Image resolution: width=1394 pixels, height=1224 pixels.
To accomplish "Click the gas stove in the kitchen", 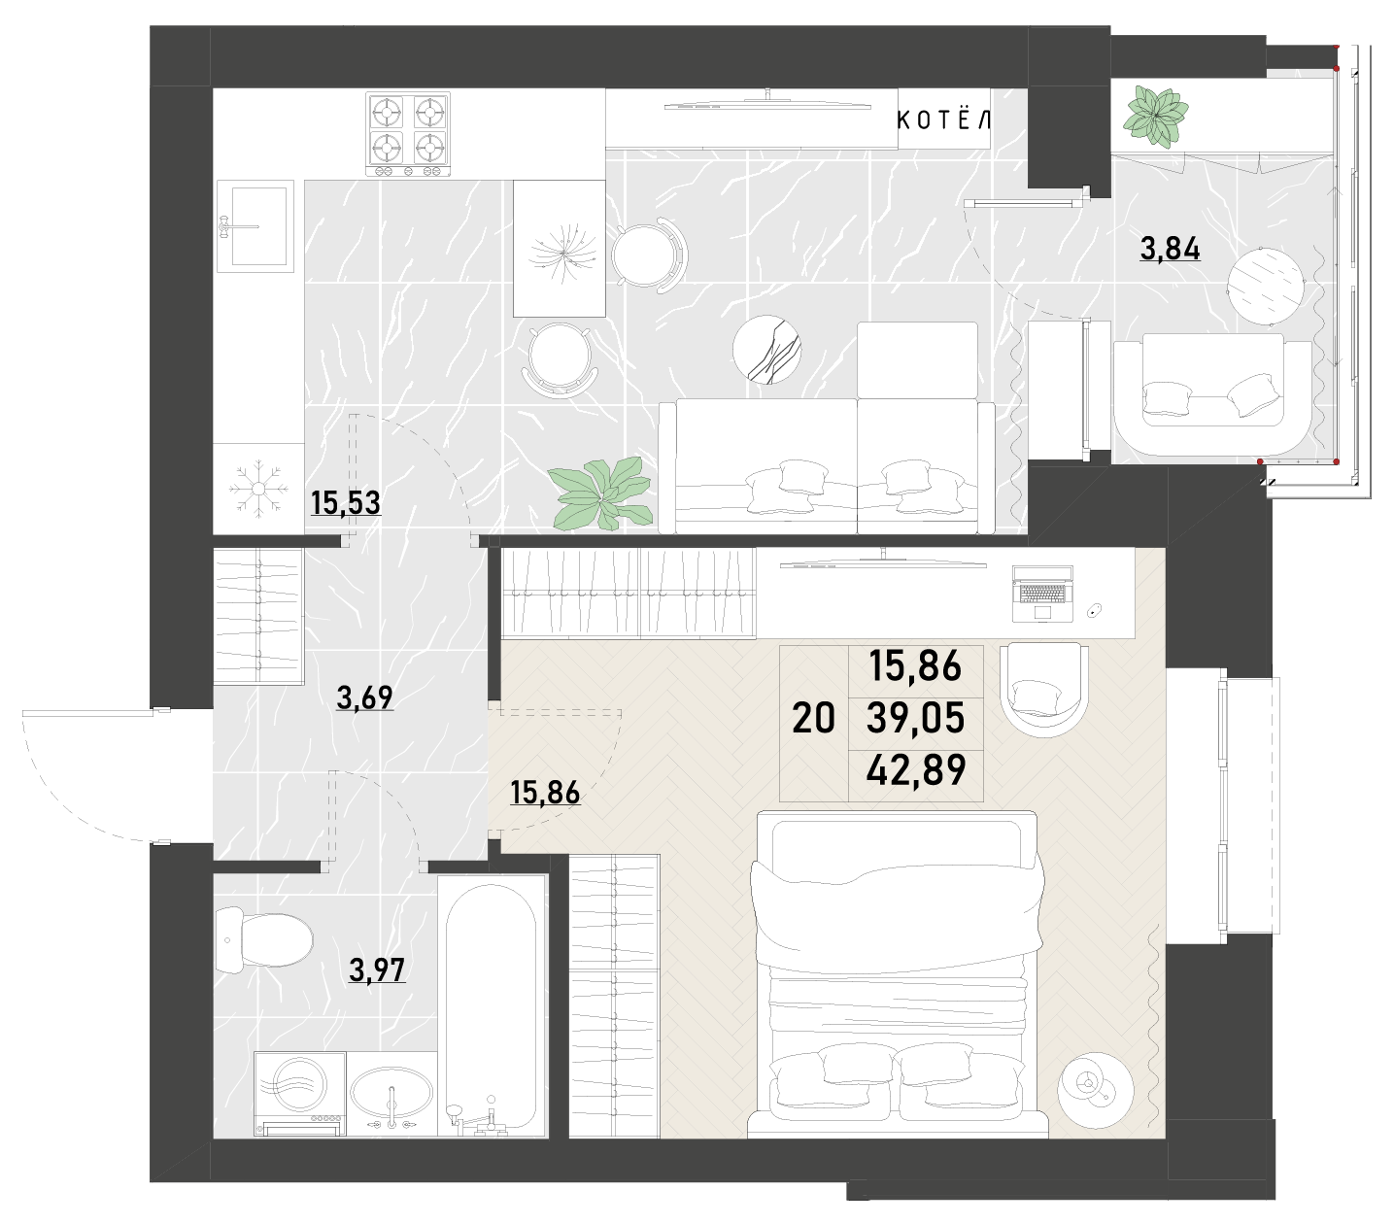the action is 408,134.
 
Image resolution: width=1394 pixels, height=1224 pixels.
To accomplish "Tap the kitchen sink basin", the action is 258,225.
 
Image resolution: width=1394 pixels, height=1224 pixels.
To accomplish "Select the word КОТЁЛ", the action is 943,120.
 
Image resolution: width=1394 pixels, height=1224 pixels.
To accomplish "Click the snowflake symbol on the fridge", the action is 258,489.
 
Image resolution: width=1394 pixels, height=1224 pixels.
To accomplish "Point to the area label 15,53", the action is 346,503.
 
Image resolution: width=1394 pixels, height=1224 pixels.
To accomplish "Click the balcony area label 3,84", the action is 1170,249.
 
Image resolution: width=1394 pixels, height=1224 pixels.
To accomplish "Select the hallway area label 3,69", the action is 364,697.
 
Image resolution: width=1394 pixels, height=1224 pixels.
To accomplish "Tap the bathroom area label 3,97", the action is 377,970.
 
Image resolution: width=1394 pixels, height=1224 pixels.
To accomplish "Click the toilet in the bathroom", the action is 263,939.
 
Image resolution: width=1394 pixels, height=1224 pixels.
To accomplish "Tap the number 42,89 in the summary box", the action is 916,770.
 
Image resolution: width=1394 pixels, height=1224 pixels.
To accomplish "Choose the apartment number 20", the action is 813,718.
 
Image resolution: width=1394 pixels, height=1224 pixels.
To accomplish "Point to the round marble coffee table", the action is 767,349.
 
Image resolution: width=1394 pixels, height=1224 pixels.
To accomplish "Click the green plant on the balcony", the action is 1155,118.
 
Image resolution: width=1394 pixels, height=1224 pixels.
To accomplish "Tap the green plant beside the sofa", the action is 600,494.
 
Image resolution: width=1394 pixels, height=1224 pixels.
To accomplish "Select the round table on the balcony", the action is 1267,286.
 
